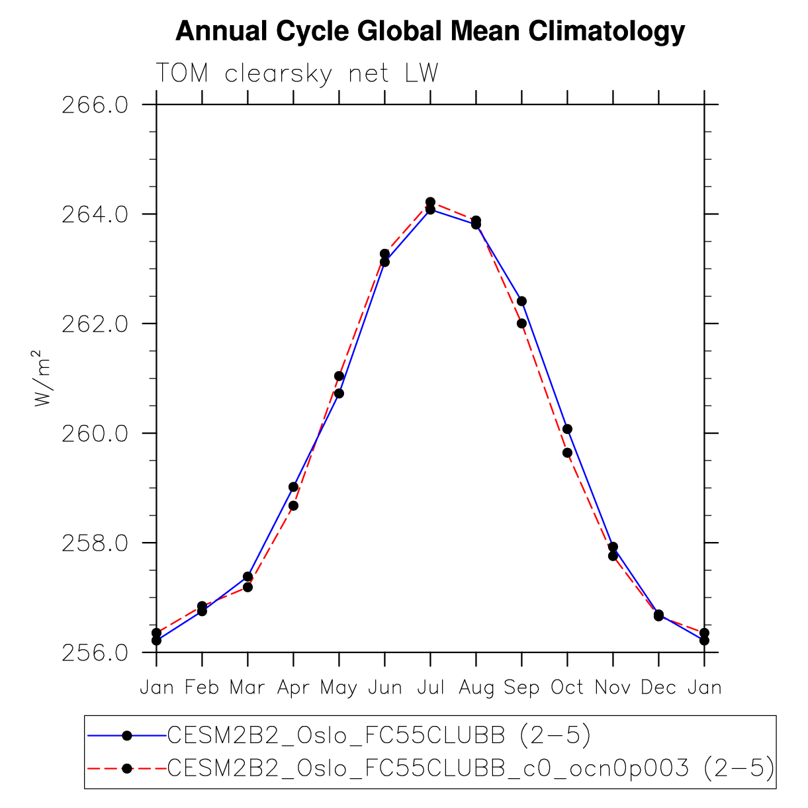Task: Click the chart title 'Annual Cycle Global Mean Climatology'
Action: coord(429,32)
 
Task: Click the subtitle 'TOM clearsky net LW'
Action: coord(297,73)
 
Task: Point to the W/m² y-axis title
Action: coord(42,379)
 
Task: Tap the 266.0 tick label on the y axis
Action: coord(95,105)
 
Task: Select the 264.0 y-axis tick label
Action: coord(95,214)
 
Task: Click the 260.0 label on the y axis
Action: coord(95,434)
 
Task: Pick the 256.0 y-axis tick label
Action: coord(95,653)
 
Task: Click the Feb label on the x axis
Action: coord(202,688)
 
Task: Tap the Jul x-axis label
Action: coord(430,688)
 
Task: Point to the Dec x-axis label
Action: coord(658,688)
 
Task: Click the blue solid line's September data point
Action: coord(521,301)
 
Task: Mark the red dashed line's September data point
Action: coord(521,324)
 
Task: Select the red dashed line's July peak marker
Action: coord(430,202)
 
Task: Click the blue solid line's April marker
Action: coord(294,487)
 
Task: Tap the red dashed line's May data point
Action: coord(339,376)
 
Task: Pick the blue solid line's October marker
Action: coord(567,429)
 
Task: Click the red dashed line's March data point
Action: coord(247,588)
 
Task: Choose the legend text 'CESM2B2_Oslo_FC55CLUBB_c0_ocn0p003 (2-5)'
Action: coord(471,768)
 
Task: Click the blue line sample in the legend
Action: coord(127,735)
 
